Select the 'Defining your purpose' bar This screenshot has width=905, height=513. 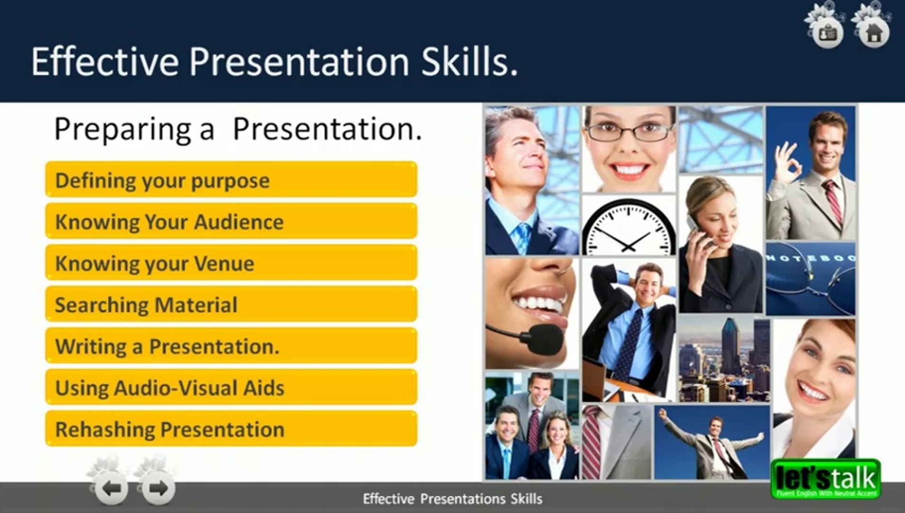coord(231,180)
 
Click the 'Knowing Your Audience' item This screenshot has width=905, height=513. coord(231,221)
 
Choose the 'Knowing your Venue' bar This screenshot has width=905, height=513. coord(231,262)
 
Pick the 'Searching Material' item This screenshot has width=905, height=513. coord(231,304)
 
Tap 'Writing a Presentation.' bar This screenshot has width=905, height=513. coord(231,345)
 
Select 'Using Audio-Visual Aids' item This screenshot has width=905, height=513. coord(231,387)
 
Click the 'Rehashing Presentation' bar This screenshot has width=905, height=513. coord(231,428)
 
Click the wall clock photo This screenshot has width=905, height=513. coord(628,225)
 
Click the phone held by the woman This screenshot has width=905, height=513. coord(697,233)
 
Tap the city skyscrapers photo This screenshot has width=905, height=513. coord(724,360)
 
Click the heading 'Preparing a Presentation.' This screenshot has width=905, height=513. coord(238,129)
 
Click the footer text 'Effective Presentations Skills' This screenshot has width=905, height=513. coord(452,499)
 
